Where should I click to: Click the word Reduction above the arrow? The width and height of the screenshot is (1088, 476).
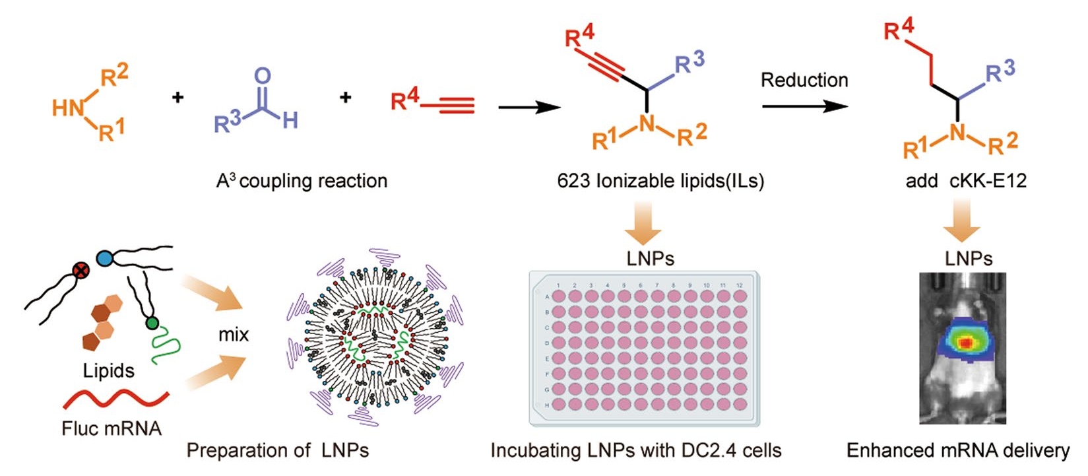click(x=804, y=81)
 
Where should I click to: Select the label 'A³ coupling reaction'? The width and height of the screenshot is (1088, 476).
click(x=302, y=181)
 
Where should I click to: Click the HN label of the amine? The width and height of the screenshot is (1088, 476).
click(x=68, y=107)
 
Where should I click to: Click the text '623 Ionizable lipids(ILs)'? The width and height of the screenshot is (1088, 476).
click(x=660, y=181)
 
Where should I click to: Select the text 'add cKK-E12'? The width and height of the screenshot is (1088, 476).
click(x=966, y=181)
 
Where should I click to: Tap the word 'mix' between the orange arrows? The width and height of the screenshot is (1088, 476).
click(x=234, y=335)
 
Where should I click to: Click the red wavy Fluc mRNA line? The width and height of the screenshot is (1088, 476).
click(x=115, y=399)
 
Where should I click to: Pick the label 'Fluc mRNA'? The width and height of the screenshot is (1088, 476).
click(x=112, y=428)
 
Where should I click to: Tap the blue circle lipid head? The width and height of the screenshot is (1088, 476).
click(x=104, y=257)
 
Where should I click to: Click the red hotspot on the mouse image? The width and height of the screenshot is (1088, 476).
click(x=965, y=343)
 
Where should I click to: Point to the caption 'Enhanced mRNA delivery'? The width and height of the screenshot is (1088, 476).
click(x=957, y=450)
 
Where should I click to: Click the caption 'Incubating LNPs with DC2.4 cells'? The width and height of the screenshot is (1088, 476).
click(x=635, y=450)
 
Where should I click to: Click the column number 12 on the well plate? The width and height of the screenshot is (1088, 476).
click(x=739, y=286)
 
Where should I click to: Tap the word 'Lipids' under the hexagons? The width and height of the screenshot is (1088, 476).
click(x=109, y=370)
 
